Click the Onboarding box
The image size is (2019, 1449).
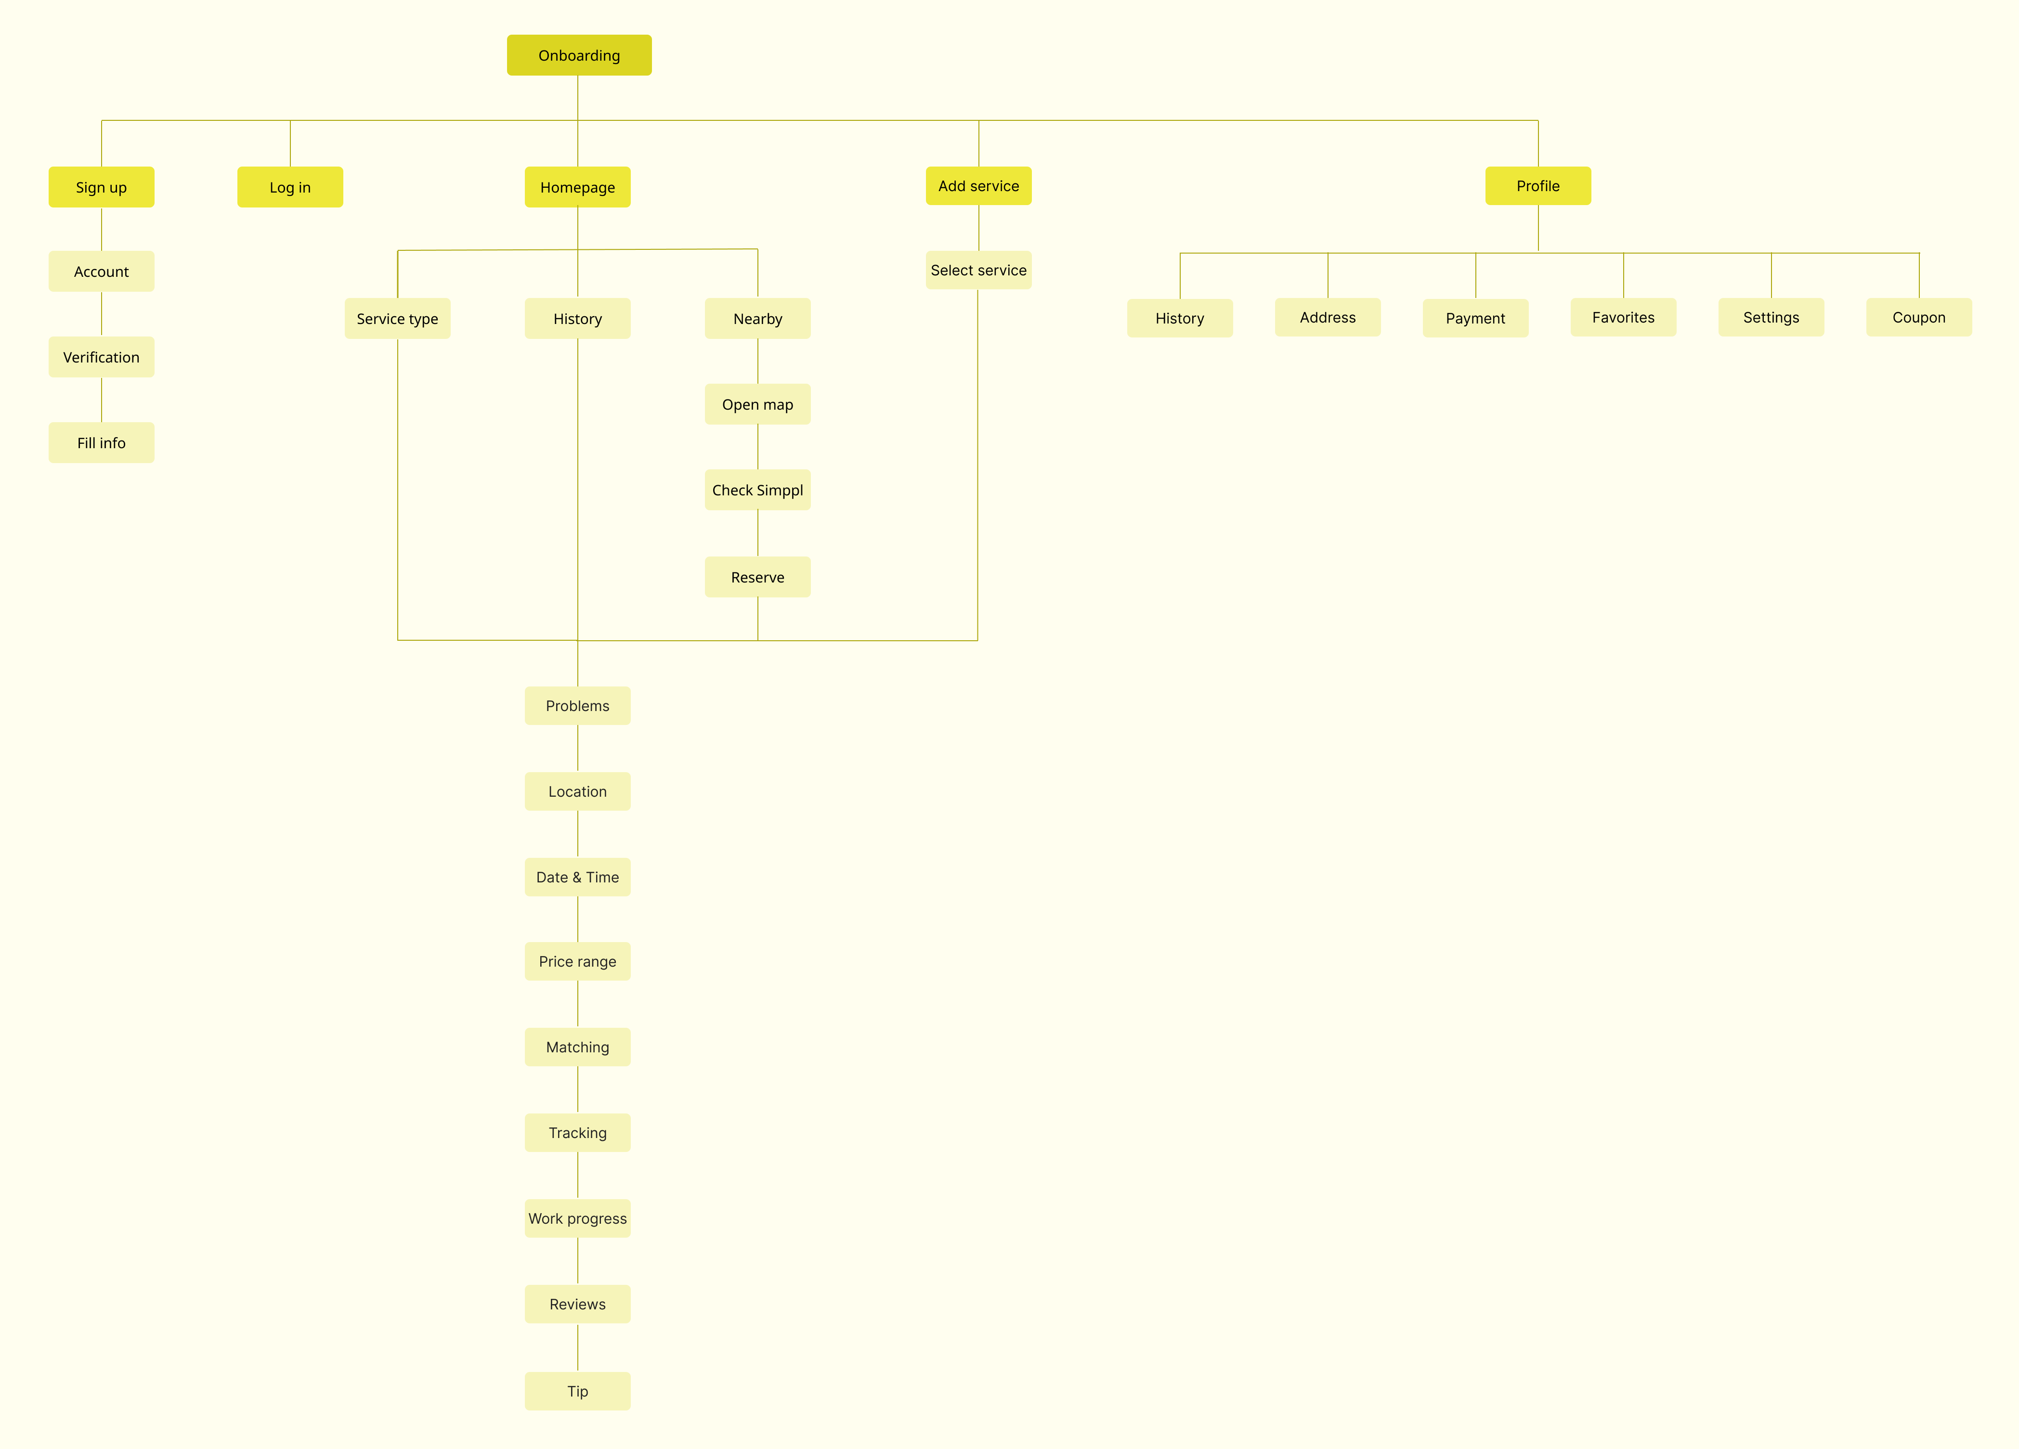pos(579,55)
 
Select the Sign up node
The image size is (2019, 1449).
pos(102,187)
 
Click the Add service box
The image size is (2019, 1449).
pos(978,186)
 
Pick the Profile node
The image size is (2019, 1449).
pos(1537,186)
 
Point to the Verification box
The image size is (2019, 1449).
pos(102,357)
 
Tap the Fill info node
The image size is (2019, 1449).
pos(102,442)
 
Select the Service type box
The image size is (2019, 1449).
pos(397,319)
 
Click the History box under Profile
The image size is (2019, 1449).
pos(1180,318)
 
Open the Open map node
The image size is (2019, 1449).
pos(757,404)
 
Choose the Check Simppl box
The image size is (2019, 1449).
pos(757,490)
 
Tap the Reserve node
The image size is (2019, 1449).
pos(757,577)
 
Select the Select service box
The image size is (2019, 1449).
pos(978,270)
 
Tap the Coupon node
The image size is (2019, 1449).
pos(1918,317)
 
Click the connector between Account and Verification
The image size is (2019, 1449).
pos(102,313)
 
